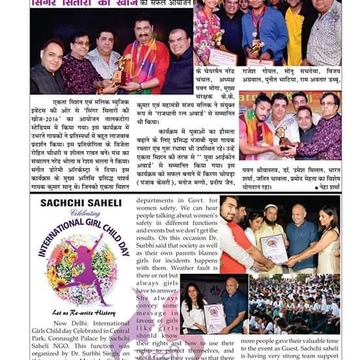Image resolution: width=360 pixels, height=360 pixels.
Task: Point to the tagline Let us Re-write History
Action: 82,312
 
